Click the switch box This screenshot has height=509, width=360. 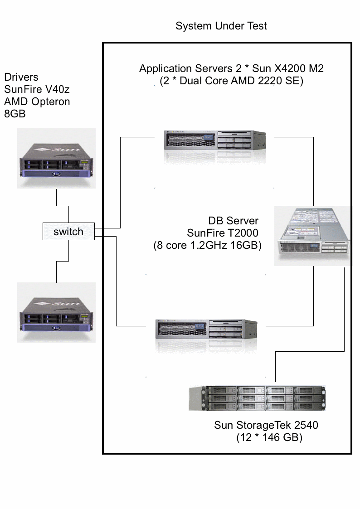point(68,232)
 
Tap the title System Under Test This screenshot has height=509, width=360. point(221,26)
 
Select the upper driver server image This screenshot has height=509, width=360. point(57,158)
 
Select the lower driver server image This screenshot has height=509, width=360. point(57,312)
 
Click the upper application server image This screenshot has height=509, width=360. point(214,141)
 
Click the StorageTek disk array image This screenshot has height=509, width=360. point(258,398)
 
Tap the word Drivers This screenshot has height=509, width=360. point(21,78)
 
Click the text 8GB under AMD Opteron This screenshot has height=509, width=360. point(15,114)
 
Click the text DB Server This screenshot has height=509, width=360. point(233,221)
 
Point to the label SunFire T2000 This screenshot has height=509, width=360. point(222,233)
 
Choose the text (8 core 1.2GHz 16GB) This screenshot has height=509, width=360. point(208,246)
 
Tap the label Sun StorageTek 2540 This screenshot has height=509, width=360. point(266,425)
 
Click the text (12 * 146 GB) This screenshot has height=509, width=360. point(269,438)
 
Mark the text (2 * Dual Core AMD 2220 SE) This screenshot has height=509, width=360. point(231,81)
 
